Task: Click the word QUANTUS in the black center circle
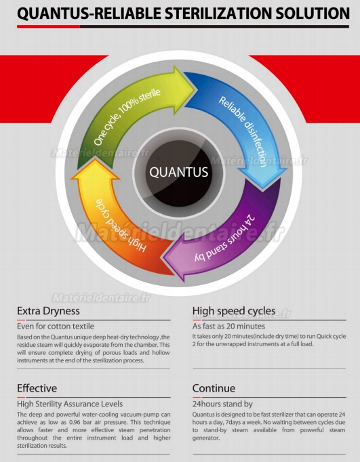tap(179, 172)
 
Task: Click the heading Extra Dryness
tap(48, 311)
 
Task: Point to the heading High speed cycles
tap(234, 311)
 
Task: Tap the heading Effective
tap(37, 388)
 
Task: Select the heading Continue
tap(214, 388)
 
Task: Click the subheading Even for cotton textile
tap(56, 326)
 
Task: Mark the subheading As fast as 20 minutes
tap(228, 326)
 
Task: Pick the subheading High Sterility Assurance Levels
tap(70, 404)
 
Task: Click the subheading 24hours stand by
tap(222, 404)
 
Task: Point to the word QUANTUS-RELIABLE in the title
tap(89, 14)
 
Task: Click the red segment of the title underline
tap(48, 26)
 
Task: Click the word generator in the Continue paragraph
tap(206, 438)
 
